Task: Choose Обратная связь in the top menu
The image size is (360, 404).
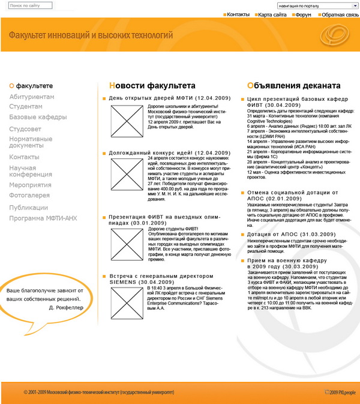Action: click(x=340, y=13)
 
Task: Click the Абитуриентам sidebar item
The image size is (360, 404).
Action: click(x=31, y=97)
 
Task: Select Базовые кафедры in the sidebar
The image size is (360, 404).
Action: click(x=38, y=117)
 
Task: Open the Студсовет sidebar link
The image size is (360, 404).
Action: click(x=25, y=128)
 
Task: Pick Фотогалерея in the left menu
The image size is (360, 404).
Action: click(x=29, y=195)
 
